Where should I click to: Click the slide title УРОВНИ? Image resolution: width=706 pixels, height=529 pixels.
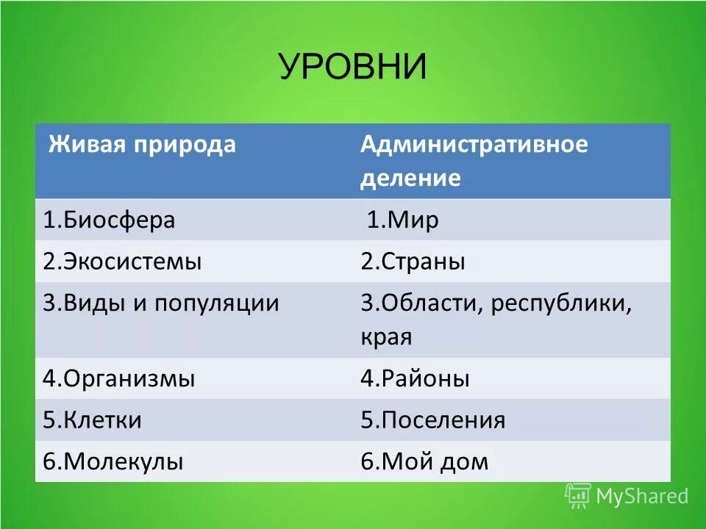click(352, 68)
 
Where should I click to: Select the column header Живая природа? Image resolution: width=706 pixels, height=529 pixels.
click(142, 144)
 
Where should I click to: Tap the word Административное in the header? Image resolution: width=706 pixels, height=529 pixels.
click(474, 144)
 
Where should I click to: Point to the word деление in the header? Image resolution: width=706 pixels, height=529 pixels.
click(410, 179)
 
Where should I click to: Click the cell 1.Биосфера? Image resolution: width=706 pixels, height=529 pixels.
click(109, 220)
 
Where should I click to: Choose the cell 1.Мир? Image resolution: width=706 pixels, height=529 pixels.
click(402, 220)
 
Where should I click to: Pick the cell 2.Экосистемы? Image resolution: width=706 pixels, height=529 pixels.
click(122, 262)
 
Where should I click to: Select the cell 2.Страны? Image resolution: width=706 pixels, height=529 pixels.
click(413, 262)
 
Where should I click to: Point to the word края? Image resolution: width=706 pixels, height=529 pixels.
click(386, 338)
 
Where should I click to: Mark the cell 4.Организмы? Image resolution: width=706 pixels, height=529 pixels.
click(119, 379)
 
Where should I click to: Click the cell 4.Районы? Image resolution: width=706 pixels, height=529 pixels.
click(415, 379)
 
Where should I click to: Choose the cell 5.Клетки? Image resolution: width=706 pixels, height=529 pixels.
click(92, 420)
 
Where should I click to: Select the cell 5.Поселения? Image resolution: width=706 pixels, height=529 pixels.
click(432, 420)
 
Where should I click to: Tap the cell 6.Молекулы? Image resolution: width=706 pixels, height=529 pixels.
click(113, 461)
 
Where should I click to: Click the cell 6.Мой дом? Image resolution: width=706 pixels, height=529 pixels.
click(424, 461)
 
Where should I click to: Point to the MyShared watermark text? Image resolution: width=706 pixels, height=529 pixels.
click(642, 497)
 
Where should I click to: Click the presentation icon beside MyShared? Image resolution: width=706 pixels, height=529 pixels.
click(578, 496)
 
